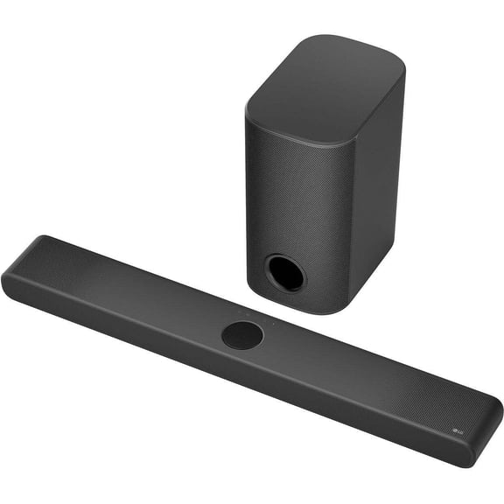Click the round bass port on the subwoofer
click(x=286, y=272)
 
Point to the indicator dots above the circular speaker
click(x=245, y=311)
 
